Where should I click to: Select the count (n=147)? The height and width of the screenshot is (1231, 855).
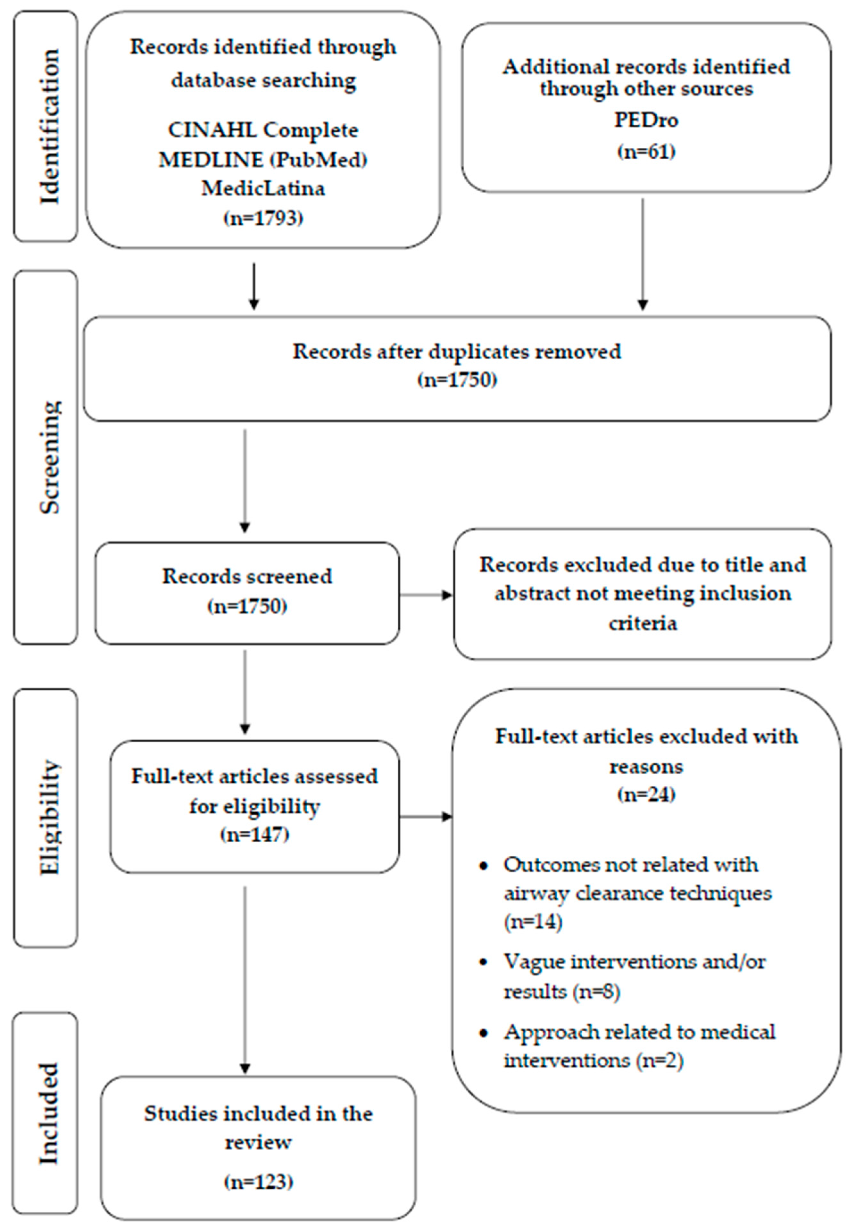pyautogui.click(x=254, y=835)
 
